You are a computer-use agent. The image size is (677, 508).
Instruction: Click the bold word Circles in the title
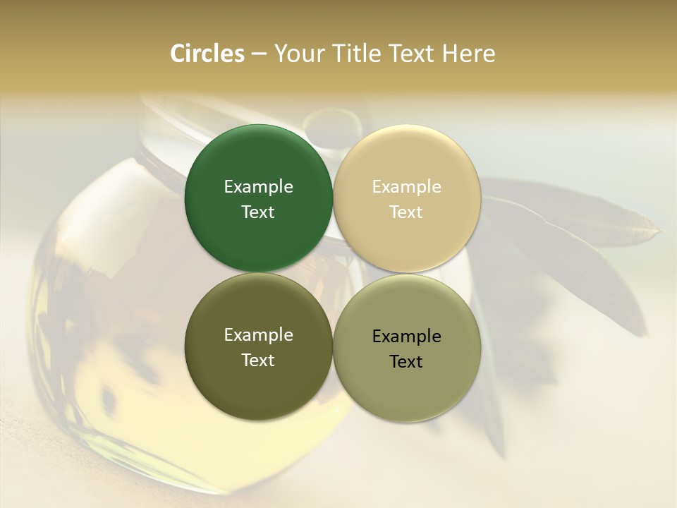207,54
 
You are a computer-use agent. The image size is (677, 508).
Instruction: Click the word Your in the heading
298,54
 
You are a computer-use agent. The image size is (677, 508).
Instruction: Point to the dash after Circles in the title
259,54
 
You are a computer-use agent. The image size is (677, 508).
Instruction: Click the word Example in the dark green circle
258,187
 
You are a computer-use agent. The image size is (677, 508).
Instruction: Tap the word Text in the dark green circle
258,212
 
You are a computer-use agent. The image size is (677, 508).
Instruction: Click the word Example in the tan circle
406,187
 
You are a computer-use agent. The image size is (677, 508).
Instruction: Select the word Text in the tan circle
406,212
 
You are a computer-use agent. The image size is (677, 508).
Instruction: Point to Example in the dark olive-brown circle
258,335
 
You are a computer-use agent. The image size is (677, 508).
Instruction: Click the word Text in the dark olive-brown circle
258,360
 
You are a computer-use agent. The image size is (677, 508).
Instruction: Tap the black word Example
406,337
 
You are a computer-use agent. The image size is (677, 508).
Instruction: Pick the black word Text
406,361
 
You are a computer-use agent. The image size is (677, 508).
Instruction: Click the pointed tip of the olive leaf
660,229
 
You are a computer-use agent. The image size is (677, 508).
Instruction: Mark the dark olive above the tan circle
331,126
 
